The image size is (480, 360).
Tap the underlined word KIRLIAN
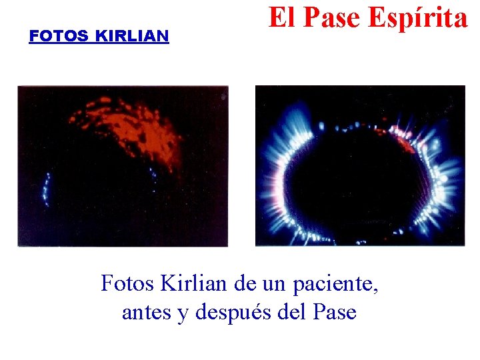click(x=132, y=36)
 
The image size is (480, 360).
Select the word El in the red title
click(x=281, y=18)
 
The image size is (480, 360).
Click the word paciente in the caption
click(x=339, y=285)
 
